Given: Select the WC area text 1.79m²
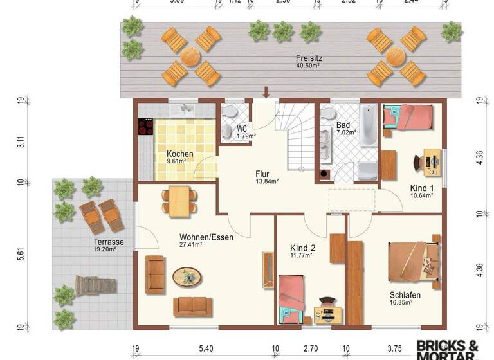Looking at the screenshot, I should click(246, 136).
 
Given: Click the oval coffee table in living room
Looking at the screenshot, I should click(188, 277).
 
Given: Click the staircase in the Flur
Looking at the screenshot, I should click(297, 138).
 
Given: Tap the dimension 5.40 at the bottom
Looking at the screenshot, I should click(206, 349).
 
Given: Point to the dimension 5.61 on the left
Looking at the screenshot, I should click(21, 253).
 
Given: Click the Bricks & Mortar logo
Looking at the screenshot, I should click(448, 350).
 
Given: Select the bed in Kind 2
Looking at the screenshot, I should click(291, 297).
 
